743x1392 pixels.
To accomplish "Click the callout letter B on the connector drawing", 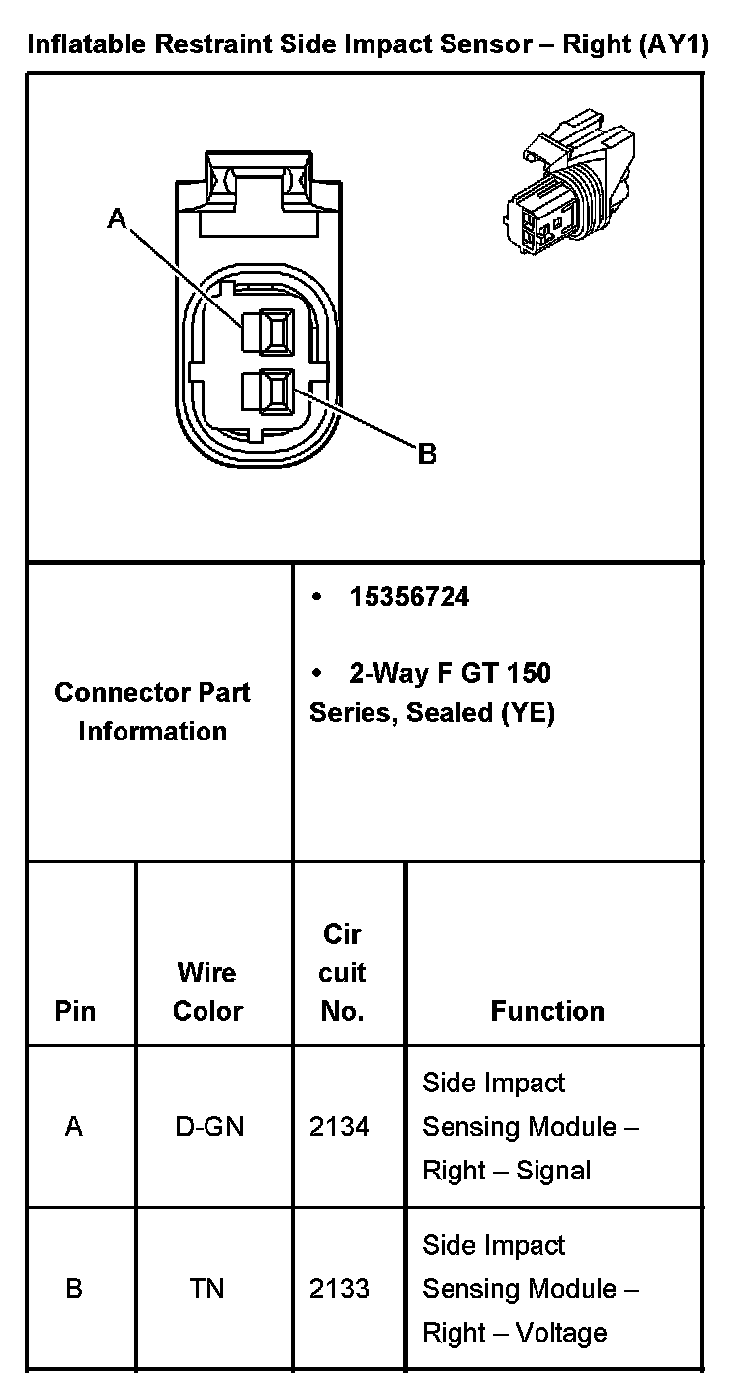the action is tap(427, 454).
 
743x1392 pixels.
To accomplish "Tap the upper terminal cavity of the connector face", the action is tap(270, 331).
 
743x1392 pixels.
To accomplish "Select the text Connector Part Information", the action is tap(153, 712).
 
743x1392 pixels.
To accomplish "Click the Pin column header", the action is tap(75, 1011).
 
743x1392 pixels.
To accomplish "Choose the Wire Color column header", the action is tap(207, 992).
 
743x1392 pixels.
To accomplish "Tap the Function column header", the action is tap(547, 1011).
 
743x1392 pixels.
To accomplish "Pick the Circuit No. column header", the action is tap(343, 973).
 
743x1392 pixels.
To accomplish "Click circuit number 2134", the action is tap(339, 1127).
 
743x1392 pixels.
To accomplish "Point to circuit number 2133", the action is tap(339, 1289).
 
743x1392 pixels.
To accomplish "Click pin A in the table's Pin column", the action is tap(74, 1127).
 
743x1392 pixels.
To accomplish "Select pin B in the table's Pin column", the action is tap(74, 1289).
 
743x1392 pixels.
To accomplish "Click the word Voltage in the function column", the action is tap(561, 1333).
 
